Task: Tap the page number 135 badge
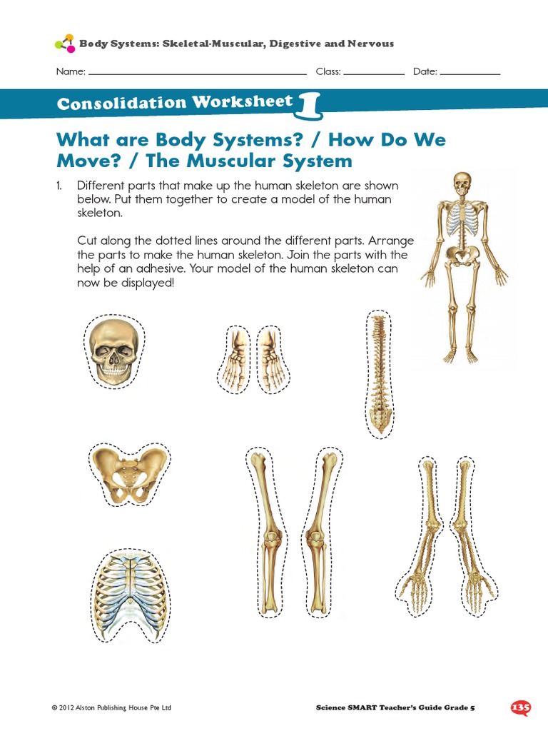[521, 707]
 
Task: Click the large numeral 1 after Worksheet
[310, 104]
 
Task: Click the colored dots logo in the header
[64, 43]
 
